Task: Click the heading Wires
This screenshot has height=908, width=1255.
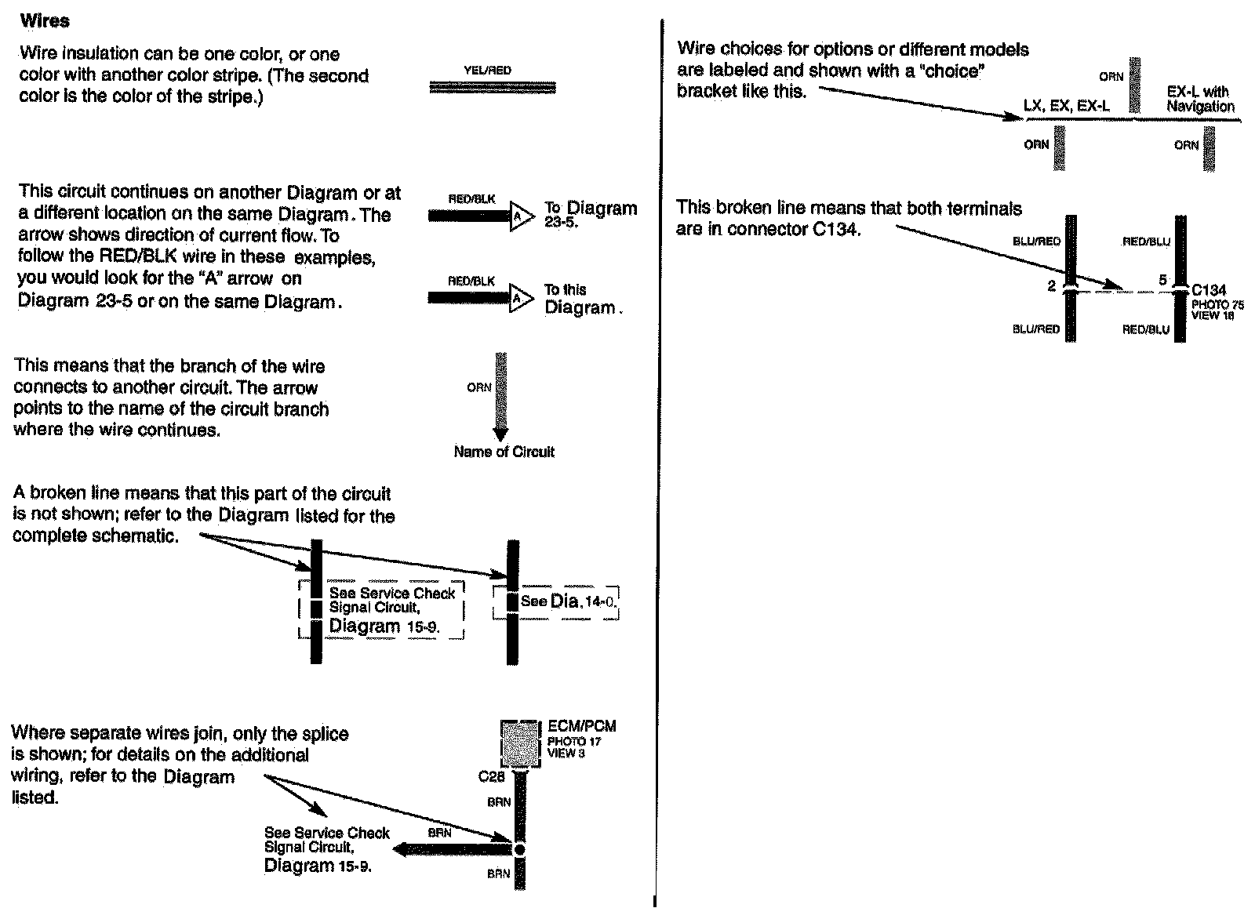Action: click(x=45, y=21)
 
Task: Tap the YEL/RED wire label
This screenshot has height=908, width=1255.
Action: click(x=487, y=71)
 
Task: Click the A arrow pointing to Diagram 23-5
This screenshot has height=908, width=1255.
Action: click(x=520, y=215)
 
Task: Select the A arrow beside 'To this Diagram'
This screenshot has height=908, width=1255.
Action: click(x=520, y=298)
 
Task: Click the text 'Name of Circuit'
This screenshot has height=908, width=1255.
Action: click(x=504, y=452)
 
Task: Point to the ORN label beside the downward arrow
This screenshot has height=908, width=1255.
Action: click(x=479, y=387)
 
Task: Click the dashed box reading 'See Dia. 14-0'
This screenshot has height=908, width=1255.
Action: click(x=556, y=602)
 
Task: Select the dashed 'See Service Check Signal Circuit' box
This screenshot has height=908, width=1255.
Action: click(x=382, y=609)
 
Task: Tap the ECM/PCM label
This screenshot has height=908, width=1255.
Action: click(x=581, y=726)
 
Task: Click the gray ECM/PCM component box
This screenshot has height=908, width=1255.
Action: click(x=521, y=743)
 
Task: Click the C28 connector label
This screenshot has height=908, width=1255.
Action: click(x=492, y=776)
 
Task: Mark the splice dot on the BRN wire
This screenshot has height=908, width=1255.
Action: click(x=518, y=849)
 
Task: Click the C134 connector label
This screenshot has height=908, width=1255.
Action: click(x=1209, y=289)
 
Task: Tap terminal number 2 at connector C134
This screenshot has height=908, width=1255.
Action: click(x=1051, y=286)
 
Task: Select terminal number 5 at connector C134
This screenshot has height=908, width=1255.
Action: click(x=1163, y=280)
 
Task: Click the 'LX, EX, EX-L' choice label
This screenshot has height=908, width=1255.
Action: click(x=1066, y=106)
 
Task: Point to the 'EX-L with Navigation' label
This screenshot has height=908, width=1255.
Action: click(x=1200, y=99)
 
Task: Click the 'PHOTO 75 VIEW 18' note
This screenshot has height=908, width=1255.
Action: click(x=1217, y=310)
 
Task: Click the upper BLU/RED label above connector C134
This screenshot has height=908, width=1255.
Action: click(x=1036, y=242)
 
